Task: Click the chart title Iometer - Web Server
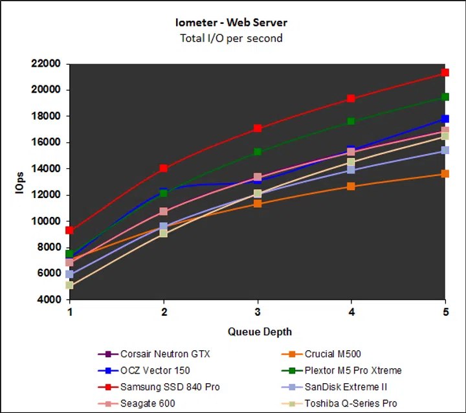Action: (x=231, y=23)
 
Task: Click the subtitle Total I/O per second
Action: (x=231, y=38)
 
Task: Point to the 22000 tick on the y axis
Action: (x=45, y=63)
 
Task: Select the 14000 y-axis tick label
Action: (x=45, y=168)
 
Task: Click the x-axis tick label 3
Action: (x=258, y=311)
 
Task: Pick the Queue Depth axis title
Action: (x=260, y=331)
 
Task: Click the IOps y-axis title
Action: (x=20, y=183)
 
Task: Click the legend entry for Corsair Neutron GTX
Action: (x=165, y=354)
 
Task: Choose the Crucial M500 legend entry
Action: (x=331, y=354)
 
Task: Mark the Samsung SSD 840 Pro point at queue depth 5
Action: (x=445, y=73)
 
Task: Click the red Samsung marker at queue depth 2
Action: (x=164, y=168)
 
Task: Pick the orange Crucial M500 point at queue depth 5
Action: (x=445, y=173)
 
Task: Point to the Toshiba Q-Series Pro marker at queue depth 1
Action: (x=69, y=285)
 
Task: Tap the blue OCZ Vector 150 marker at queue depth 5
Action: (x=445, y=119)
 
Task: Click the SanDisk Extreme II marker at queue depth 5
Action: (x=445, y=150)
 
